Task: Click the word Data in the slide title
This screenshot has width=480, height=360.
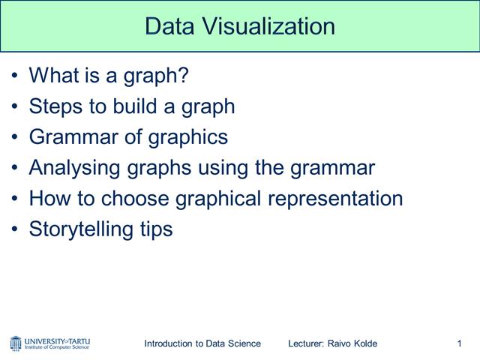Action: point(166,26)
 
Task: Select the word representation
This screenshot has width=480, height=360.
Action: point(331,199)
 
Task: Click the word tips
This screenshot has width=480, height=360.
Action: point(156,229)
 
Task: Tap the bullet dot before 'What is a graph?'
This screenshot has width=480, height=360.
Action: point(16,76)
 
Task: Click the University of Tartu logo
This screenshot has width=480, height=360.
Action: point(49,343)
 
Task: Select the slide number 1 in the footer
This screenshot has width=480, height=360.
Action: point(458,343)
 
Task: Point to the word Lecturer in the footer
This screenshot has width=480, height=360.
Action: point(305,343)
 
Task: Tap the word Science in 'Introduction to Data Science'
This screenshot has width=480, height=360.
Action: point(244,343)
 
